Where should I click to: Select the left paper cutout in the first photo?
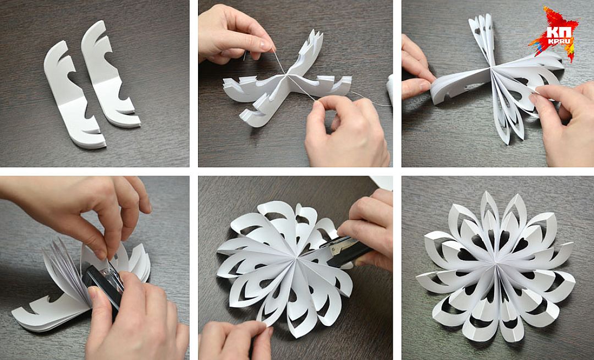pos(74,99)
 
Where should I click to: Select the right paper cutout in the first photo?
pos(110,74)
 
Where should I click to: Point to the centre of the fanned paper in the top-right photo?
pos(491,69)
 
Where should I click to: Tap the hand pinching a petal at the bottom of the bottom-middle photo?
pos(235,341)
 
